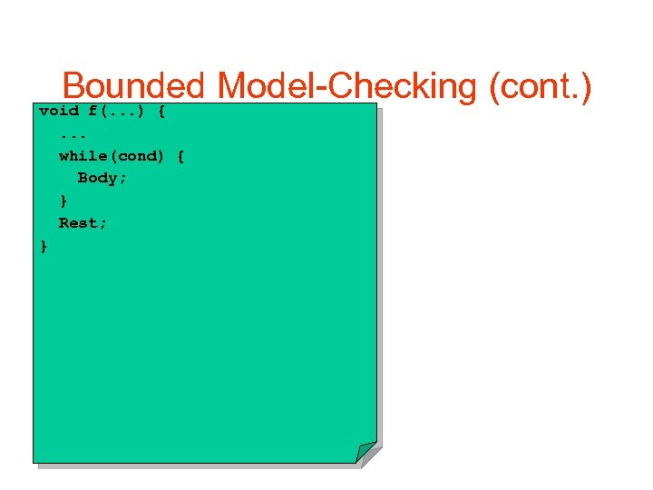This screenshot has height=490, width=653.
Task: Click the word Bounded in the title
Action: point(134,87)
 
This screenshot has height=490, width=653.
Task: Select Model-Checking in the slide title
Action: point(348,87)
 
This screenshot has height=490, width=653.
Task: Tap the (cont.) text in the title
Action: point(541,87)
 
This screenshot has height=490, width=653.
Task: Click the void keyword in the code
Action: point(59,111)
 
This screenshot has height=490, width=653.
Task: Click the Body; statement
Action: point(102,179)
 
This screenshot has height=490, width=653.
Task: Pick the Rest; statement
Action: point(83,223)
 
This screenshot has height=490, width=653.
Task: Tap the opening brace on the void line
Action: point(161,111)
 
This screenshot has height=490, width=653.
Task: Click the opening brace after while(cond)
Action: point(180,156)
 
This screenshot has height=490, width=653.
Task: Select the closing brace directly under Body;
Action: point(63,201)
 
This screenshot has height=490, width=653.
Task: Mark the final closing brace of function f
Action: point(44,245)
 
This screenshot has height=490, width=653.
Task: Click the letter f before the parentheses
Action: point(93,111)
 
